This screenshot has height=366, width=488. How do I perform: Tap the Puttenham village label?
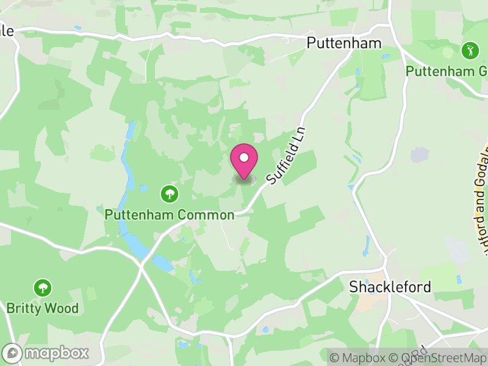pos(344,43)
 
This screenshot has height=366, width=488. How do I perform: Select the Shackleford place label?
pos(390,287)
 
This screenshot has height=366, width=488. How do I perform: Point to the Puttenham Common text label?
pos(169,215)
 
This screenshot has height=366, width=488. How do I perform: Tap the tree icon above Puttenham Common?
pos(169,195)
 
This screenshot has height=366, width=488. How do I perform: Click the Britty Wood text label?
pos(43,308)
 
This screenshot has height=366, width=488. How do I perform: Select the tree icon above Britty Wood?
pos(43,287)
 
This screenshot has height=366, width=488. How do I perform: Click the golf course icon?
pos(470,51)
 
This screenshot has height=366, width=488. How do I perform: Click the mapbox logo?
pos(46,353)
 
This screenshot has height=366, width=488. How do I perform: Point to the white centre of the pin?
pos(244,157)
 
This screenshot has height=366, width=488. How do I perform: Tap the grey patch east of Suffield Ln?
pos(420,155)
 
